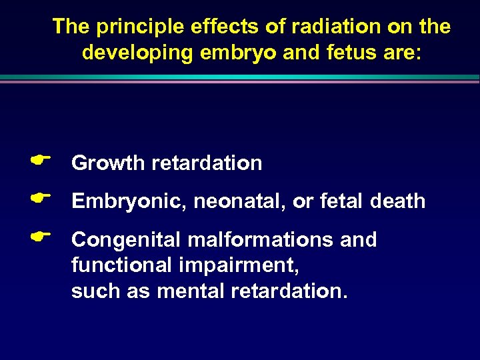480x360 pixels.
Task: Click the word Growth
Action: (x=109, y=163)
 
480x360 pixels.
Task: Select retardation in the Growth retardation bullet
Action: (x=207, y=163)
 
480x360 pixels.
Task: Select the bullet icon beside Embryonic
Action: (x=41, y=197)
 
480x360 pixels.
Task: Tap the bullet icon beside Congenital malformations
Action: (x=41, y=235)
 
